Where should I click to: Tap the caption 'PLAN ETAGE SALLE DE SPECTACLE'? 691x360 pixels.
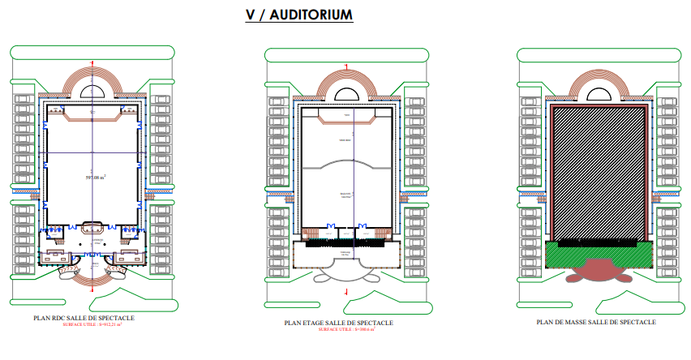click(x=338, y=323)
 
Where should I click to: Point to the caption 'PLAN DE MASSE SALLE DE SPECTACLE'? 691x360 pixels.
click(x=596, y=322)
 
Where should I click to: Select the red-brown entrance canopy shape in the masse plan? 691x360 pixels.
click(x=599, y=271)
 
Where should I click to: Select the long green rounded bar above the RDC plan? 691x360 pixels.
click(x=93, y=51)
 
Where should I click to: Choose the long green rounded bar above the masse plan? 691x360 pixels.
click(x=599, y=54)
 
